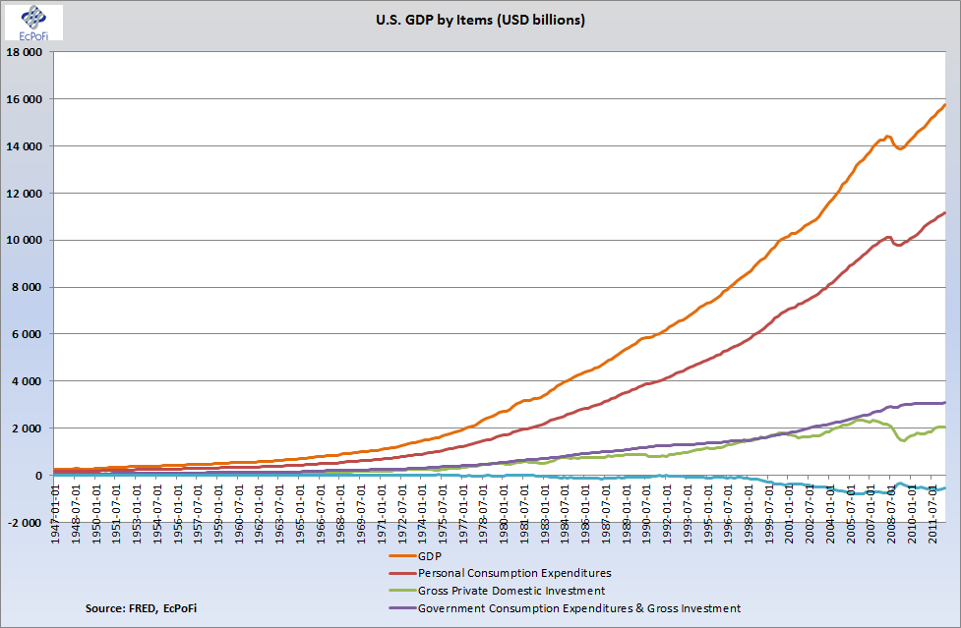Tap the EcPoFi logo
click(x=33, y=22)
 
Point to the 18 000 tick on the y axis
click(x=25, y=52)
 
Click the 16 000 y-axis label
click(x=25, y=99)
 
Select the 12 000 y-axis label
click(x=25, y=194)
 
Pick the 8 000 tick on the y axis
click(x=29, y=287)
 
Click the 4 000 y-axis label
click(x=29, y=381)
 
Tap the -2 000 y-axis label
click(x=27, y=522)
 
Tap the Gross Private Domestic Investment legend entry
click(x=511, y=591)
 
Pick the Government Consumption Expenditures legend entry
click(x=578, y=609)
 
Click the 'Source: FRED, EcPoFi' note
click(x=141, y=610)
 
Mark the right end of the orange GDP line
click(x=945, y=104)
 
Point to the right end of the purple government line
click(x=945, y=402)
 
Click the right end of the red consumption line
click(x=945, y=212)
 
